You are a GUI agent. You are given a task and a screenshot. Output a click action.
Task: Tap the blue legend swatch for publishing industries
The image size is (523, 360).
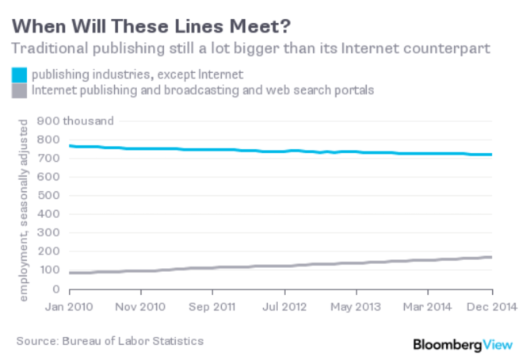coord(18,75)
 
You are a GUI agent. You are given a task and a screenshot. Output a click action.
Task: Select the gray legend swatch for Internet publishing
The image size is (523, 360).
coord(18,91)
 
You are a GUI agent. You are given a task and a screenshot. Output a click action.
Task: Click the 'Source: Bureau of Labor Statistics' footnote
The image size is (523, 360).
coord(109,341)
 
